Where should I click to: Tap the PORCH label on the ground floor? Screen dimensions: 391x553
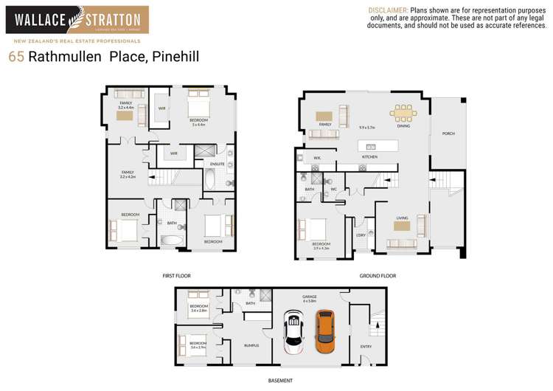(x=448, y=134)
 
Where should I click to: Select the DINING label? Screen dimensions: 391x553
(x=403, y=126)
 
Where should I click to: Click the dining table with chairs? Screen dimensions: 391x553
(x=403, y=113)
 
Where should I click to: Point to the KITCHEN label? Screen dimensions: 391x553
(x=369, y=157)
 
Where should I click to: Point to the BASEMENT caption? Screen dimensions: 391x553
(x=279, y=381)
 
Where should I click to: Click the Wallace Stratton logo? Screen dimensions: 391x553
(x=77, y=21)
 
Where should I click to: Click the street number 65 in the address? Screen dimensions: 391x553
(x=15, y=57)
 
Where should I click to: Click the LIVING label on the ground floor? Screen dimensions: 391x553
(x=403, y=218)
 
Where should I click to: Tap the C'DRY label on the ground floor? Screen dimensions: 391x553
(x=361, y=235)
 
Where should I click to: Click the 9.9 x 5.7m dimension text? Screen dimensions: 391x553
(x=367, y=128)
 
